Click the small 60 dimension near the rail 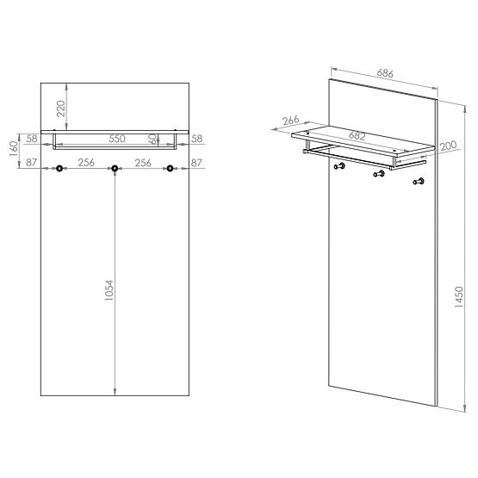tap(153, 138)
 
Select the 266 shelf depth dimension tap(289, 121)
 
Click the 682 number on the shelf tap(356, 137)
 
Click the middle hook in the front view tap(115, 169)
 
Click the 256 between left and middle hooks tap(86, 162)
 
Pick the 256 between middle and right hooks tap(143, 162)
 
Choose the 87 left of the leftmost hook tap(32, 162)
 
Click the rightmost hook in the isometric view tap(419, 181)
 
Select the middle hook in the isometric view tap(377, 175)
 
